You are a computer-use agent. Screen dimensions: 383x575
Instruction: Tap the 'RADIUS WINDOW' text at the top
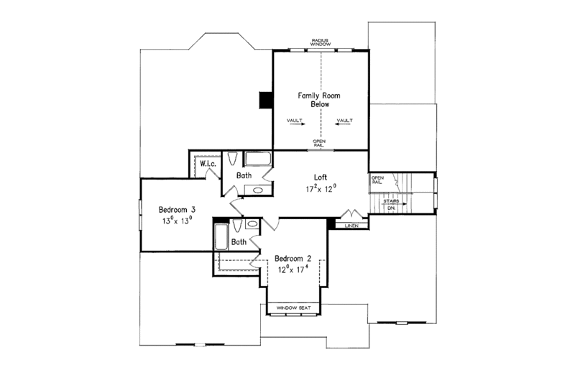click(x=321, y=42)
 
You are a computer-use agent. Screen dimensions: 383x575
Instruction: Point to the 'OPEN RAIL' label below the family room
click(x=319, y=143)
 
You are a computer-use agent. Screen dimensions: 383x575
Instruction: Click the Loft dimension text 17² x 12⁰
click(x=321, y=189)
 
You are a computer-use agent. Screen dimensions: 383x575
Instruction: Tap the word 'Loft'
click(x=321, y=177)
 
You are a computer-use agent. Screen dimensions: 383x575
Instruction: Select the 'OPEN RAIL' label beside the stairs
click(x=377, y=180)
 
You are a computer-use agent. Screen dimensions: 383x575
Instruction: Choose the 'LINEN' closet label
click(x=351, y=226)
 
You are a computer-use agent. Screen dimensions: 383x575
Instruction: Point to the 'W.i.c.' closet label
click(x=208, y=164)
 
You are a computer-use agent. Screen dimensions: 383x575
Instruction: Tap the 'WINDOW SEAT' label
click(x=296, y=308)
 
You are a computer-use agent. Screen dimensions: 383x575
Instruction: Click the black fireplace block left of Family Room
click(x=266, y=100)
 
